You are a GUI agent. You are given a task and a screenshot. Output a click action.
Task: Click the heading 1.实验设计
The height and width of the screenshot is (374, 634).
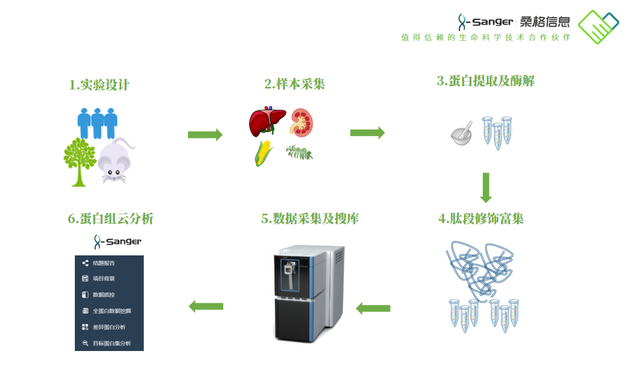coord(99,85)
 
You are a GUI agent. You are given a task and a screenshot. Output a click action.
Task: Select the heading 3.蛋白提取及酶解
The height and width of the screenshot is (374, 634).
coord(486,81)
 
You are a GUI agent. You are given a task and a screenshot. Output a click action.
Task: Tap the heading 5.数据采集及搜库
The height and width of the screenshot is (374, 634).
coord(310,219)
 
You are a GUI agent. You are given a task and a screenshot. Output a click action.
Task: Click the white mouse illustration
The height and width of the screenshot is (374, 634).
coord(116,161)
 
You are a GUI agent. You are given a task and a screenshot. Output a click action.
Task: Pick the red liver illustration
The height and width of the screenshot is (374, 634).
coord(268,121)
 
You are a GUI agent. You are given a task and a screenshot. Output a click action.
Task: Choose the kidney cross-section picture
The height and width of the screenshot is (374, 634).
coord(302,123)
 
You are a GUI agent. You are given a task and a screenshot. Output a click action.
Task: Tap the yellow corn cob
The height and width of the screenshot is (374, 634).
coord(263,153)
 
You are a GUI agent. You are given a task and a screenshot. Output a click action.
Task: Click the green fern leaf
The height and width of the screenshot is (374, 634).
coord(299,153)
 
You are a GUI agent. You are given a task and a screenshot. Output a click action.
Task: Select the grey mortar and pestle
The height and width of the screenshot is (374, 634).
coord(462,134)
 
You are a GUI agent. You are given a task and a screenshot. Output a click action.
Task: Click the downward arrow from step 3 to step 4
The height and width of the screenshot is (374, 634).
coord(486,188)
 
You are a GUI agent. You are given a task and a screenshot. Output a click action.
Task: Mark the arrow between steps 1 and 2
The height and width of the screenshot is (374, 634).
coord(206,135)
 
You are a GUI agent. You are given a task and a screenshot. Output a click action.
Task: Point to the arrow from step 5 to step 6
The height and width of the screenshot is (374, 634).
coord(206,306)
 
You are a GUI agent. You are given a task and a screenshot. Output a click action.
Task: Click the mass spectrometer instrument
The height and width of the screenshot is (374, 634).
coord(310,293)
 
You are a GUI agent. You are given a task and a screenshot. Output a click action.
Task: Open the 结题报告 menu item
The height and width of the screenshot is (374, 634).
coord(104,263)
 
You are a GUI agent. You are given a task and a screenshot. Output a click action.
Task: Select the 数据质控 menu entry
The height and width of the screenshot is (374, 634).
coord(104,294)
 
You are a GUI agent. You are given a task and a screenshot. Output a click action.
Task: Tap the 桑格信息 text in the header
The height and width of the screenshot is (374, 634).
coord(545,21)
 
